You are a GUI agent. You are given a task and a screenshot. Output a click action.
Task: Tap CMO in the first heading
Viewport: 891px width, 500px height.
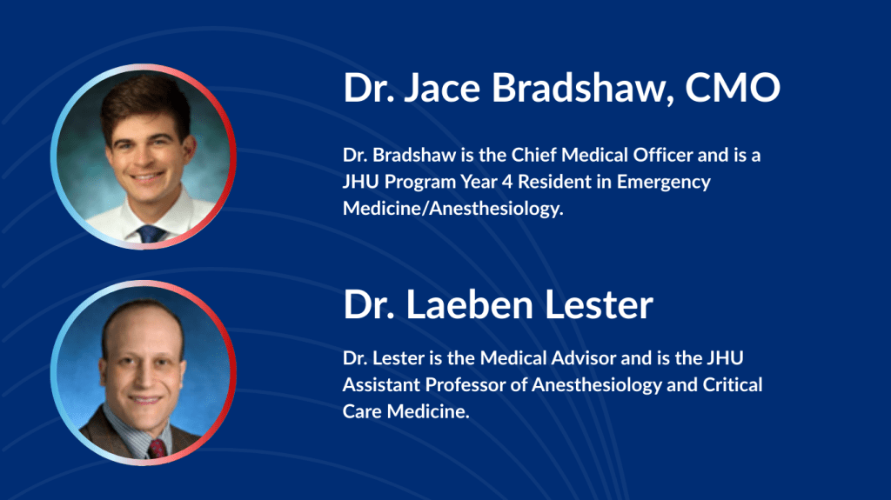point(733,88)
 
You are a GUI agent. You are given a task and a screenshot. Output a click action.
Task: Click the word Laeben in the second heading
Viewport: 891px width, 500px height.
point(469,304)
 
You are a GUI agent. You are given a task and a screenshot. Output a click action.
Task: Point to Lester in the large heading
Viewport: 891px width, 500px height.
point(599,304)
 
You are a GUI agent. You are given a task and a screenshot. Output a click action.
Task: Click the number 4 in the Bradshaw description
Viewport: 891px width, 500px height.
point(507,182)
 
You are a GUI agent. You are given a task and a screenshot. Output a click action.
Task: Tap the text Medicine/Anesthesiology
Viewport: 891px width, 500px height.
point(452,209)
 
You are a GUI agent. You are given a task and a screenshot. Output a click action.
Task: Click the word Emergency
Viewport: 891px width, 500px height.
point(664,183)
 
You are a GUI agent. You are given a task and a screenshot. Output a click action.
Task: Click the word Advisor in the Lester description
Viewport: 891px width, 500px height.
point(584,358)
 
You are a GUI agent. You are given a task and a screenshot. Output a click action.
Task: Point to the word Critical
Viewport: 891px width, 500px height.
point(733,384)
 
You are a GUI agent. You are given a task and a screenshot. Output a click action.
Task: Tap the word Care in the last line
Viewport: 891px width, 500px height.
point(362,411)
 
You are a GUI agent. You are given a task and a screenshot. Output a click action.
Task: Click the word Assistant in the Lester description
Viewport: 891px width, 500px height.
point(381,384)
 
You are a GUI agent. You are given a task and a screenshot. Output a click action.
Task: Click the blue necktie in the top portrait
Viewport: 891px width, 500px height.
point(151,234)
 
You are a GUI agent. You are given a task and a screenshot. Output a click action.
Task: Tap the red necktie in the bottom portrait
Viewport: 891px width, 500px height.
point(157,449)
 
